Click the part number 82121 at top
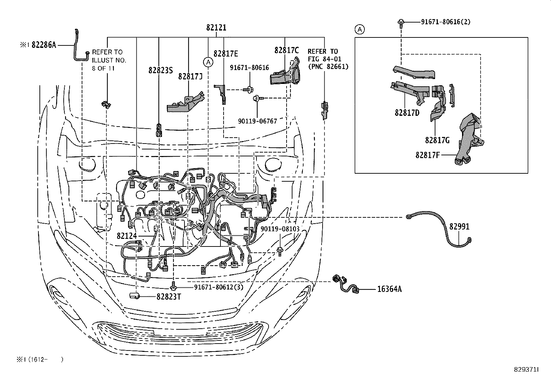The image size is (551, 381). pos(216,28)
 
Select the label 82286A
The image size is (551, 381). pos(44,45)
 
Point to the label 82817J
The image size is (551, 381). pos(190,77)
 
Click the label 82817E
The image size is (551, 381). pos(226,54)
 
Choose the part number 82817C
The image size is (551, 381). pos(287,50)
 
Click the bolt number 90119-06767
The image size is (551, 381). pos(258,121)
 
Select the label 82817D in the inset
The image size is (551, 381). pos(407,113)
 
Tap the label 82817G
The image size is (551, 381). pos(437,140)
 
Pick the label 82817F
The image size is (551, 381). pos(427,155)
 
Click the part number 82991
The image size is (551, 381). pos(459,227)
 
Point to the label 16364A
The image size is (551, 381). pos(389,289)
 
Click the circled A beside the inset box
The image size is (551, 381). pos(360,30)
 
